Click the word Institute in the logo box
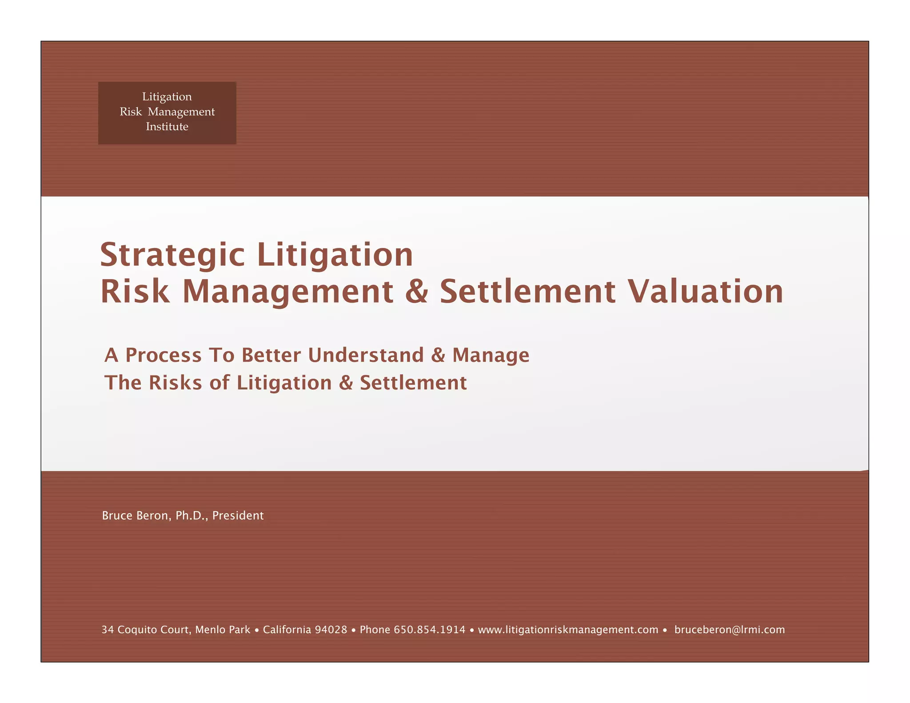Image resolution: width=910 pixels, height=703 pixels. [x=167, y=127]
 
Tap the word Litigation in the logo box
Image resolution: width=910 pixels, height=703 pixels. [x=167, y=96]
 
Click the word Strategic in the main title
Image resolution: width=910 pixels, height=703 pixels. [x=172, y=255]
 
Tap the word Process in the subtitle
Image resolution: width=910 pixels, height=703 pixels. [x=164, y=355]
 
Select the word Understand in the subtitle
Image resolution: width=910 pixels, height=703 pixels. [x=366, y=355]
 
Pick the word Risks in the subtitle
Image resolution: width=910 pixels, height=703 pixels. [x=175, y=383]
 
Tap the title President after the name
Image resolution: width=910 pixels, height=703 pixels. [x=238, y=515]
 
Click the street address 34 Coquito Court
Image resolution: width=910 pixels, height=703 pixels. [x=146, y=630]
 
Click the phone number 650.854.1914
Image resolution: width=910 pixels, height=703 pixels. [x=429, y=630]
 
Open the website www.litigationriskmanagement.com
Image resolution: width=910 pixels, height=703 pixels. [x=568, y=630]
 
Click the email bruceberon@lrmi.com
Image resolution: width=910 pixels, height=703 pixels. [x=730, y=630]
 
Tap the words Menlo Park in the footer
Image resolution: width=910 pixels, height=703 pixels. [x=223, y=630]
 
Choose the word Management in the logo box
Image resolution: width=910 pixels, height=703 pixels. [x=181, y=112]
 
